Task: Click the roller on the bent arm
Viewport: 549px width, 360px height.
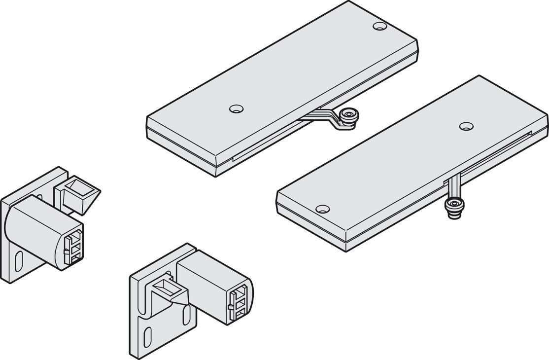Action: tap(350, 117)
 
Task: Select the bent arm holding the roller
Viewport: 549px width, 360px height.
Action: tap(326, 118)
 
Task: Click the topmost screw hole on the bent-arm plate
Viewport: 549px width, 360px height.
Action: tap(379, 26)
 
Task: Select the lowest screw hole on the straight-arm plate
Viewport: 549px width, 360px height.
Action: tap(322, 209)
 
